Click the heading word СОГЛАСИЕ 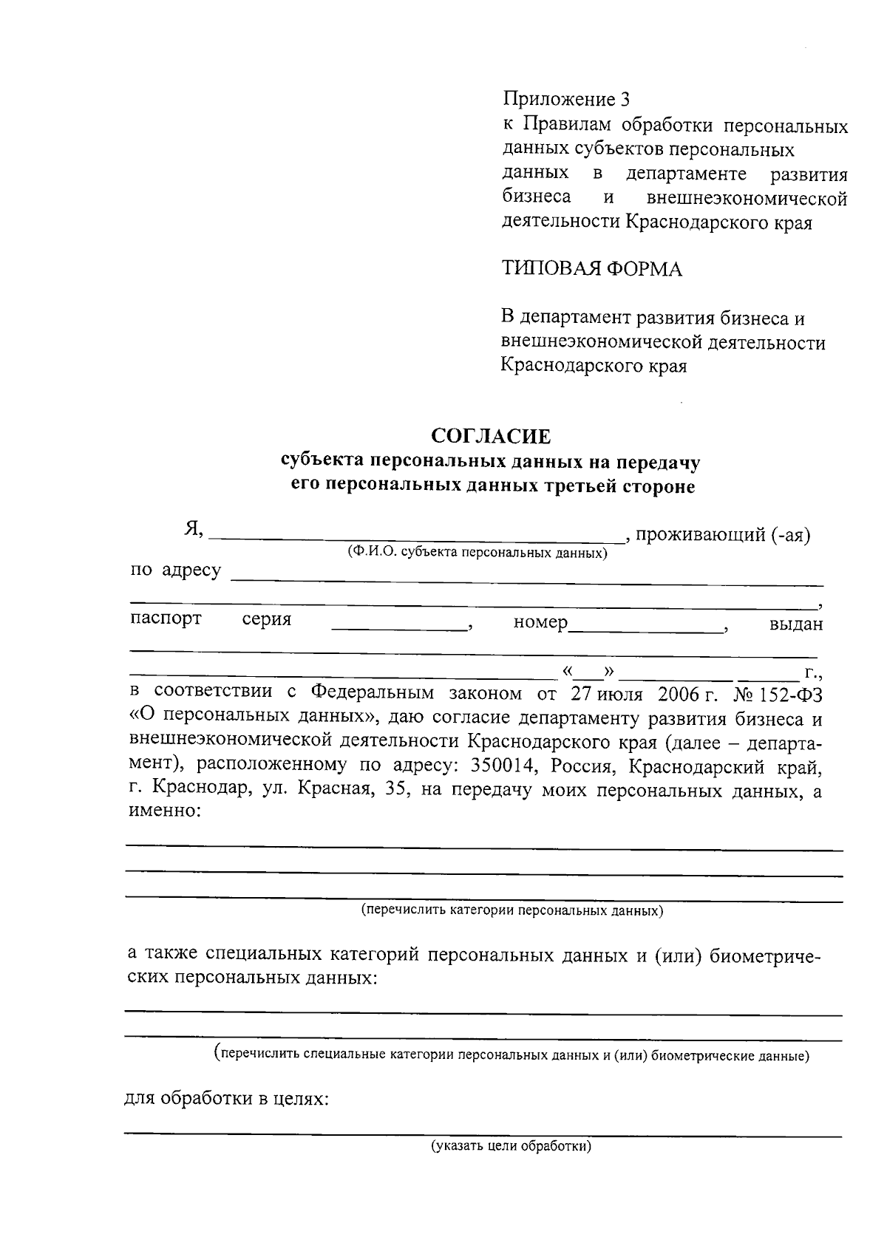491,437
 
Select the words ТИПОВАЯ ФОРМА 592,269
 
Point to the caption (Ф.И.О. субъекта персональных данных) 478,553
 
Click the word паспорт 166,619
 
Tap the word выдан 796,624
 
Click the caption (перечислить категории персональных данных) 512,911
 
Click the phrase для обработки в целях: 226,1099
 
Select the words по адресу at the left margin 176,570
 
